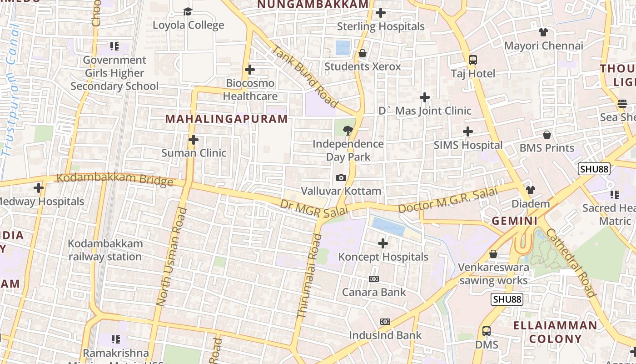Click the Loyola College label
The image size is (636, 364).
(x=188, y=25)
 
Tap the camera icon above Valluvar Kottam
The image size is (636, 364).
(x=341, y=177)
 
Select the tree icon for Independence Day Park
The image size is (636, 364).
(x=348, y=131)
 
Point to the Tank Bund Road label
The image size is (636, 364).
(x=305, y=77)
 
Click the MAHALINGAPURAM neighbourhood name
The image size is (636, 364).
(x=226, y=119)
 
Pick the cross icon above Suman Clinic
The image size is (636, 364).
(x=194, y=140)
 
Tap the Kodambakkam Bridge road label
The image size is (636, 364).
(x=114, y=180)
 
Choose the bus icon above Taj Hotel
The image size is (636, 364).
(x=473, y=60)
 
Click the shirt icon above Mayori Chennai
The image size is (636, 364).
(x=543, y=32)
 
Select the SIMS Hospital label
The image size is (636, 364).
(x=468, y=145)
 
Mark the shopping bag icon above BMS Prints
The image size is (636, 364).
(x=547, y=135)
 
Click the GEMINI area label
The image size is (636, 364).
(x=515, y=222)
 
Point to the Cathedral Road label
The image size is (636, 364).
(x=571, y=263)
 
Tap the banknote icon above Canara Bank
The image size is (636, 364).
(x=374, y=279)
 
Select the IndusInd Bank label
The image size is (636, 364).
(x=385, y=335)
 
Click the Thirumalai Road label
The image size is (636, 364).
(x=309, y=276)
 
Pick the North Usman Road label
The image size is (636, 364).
(x=171, y=257)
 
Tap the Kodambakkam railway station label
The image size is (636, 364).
(x=105, y=250)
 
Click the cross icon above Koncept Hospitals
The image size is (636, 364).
(x=383, y=243)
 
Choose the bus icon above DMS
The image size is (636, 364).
(x=487, y=331)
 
